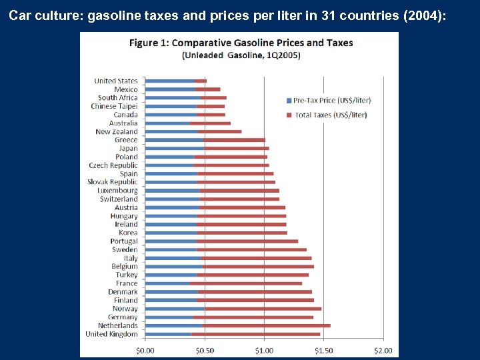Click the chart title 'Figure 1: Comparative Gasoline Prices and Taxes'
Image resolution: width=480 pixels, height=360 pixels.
[x=241, y=43]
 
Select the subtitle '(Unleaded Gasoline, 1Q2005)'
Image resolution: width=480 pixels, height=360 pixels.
[x=241, y=55]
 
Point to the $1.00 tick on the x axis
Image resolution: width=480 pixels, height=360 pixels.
[x=264, y=349]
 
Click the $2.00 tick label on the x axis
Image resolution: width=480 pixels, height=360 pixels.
[x=383, y=349]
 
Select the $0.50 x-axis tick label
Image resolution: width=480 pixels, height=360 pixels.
[x=205, y=349]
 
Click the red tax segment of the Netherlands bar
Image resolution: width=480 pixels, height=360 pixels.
[x=266, y=325]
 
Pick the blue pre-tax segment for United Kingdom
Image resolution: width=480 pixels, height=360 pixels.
[x=169, y=334]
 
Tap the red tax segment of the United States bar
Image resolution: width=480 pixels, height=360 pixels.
[x=201, y=81]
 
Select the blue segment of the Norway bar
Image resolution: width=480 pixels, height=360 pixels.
[x=175, y=309]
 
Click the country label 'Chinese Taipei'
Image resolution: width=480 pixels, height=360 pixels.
[x=114, y=106]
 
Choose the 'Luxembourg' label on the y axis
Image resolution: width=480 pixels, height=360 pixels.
[x=117, y=191]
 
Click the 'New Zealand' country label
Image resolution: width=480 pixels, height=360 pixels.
[x=116, y=131]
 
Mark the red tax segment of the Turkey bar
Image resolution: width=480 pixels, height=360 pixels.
[x=253, y=275]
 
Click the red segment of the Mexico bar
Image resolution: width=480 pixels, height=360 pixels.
[x=207, y=89]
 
